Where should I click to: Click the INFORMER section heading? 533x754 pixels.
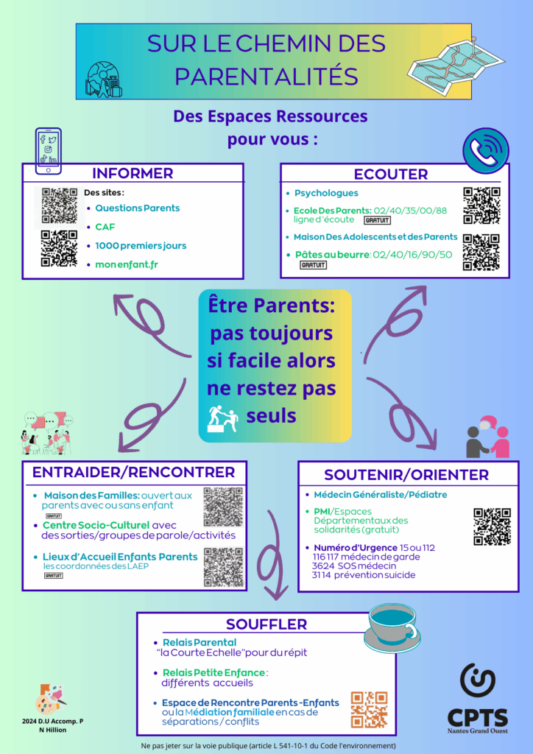click(133, 174)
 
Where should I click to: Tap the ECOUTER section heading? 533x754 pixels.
click(390, 175)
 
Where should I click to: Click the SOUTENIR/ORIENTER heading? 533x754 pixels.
click(406, 474)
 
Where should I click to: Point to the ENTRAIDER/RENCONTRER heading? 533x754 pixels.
click(133, 472)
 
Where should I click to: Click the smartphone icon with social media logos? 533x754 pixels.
click(49, 149)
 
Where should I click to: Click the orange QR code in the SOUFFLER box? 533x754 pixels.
click(369, 709)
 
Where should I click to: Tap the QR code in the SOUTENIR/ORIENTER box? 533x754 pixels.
click(492, 527)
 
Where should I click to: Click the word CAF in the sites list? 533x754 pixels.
click(105, 227)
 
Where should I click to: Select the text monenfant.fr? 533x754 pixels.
click(127, 264)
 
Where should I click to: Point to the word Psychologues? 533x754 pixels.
click(326, 193)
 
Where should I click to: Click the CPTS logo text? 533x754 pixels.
click(477, 716)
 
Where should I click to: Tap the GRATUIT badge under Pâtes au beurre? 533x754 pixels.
click(313, 265)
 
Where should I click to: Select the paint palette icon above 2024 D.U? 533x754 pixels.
click(49, 699)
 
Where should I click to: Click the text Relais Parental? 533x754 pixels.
click(200, 642)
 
